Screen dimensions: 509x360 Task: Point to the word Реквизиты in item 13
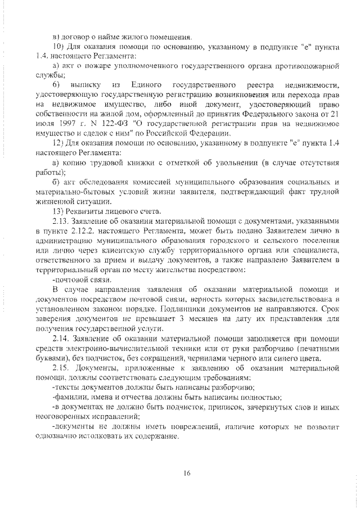84,212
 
